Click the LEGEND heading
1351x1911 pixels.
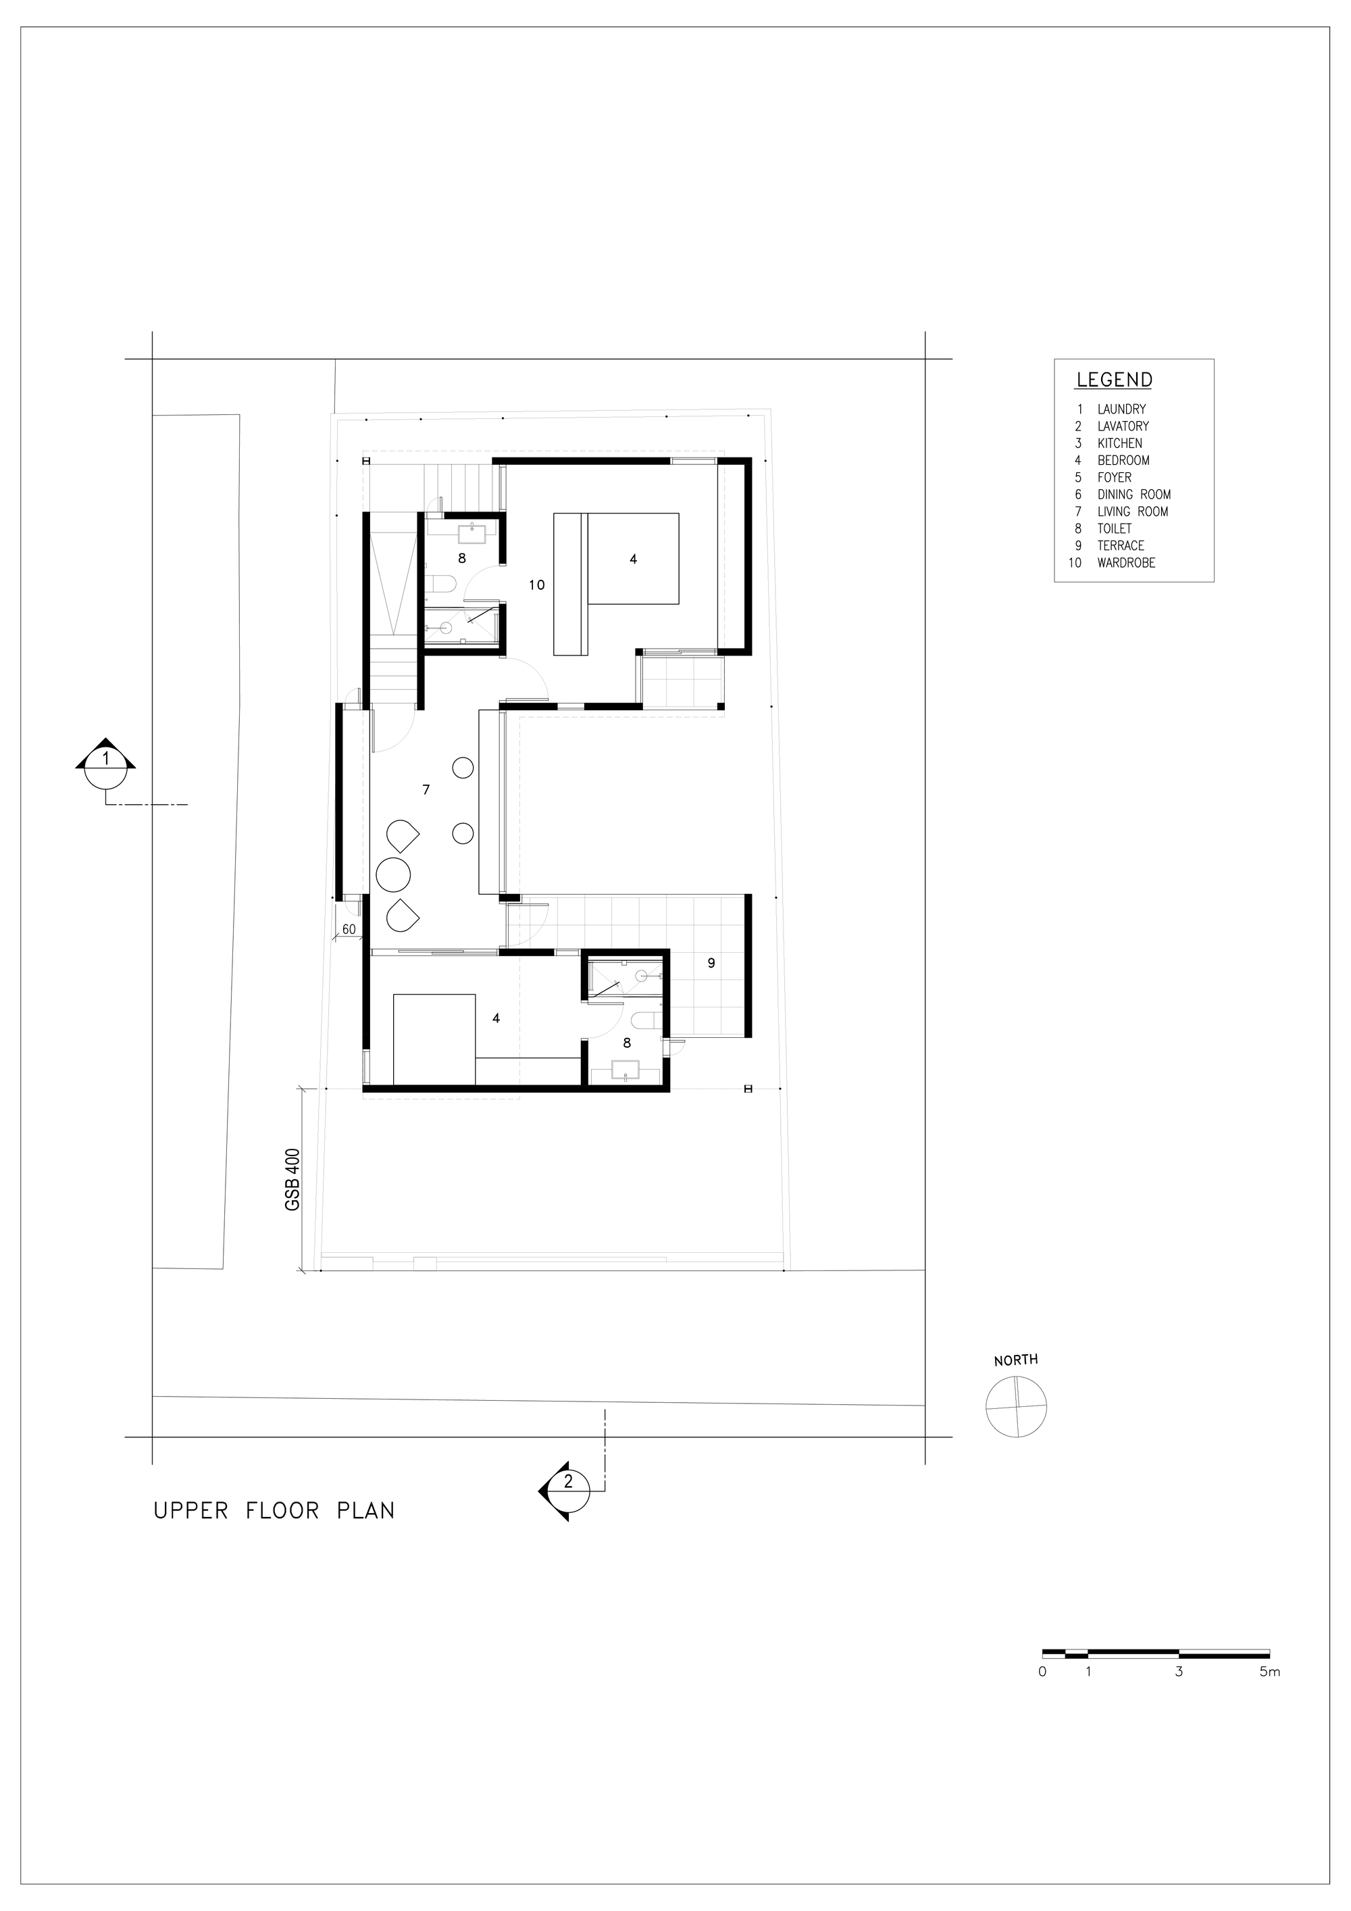(1114, 380)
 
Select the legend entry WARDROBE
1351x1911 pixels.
(1126, 563)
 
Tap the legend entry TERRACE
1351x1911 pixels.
(1121, 545)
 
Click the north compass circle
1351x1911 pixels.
(1016, 1407)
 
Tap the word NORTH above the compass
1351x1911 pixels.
(1016, 1360)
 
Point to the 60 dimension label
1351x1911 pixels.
(349, 929)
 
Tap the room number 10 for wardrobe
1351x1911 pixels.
(536, 585)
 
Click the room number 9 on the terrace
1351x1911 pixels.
(711, 963)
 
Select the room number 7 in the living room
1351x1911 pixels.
(426, 789)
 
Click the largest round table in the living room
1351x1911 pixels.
(394, 874)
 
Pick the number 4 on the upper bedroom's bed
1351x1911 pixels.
(633, 560)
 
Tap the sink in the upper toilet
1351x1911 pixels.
(478, 532)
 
